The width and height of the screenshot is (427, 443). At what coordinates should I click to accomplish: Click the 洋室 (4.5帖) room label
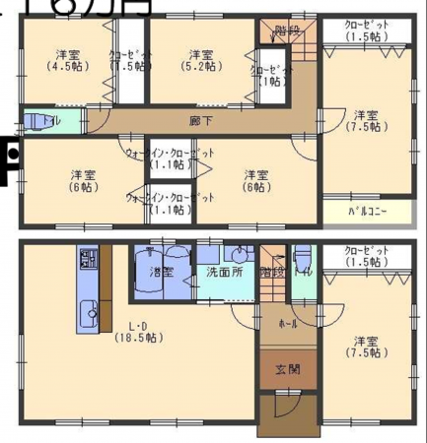(67, 60)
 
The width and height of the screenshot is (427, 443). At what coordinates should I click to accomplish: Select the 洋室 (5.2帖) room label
(200, 60)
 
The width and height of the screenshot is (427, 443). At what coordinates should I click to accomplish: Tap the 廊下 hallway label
(200, 121)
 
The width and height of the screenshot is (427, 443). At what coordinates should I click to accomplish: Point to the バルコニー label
(367, 212)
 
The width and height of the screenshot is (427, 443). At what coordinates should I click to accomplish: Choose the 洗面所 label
(224, 271)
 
